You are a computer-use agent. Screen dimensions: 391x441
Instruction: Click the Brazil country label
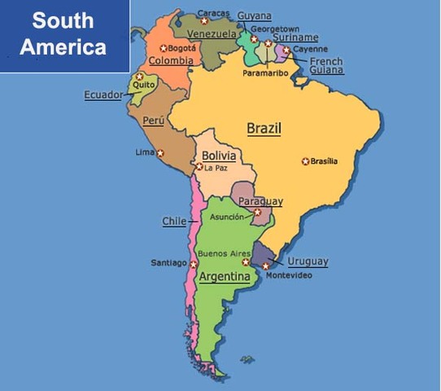(x=264, y=129)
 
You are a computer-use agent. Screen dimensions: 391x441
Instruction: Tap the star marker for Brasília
(x=306, y=161)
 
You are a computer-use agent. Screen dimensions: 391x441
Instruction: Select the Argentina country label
(x=225, y=277)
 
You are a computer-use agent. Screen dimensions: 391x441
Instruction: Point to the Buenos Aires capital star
(x=246, y=262)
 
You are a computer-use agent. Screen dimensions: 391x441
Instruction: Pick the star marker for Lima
(x=160, y=152)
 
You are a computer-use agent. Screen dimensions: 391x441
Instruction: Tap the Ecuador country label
(x=103, y=94)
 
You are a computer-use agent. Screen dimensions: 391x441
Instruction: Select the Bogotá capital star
(x=164, y=48)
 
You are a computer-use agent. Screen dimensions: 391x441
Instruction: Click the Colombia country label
(x=172, y=60)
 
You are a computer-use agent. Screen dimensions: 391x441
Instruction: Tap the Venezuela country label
(x=212, y=34)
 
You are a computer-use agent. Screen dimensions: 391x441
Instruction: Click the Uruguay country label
(x=308, y=261)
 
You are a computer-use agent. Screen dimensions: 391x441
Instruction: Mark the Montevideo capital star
(x=266, y=266)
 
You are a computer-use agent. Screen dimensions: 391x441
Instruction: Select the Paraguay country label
(x=261, y=201)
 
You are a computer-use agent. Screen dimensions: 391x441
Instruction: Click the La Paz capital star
(x=199, y=167)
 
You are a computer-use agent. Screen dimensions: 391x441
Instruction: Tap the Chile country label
(x=174, y=221)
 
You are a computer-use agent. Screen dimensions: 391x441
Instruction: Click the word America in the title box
(x=63, y=46)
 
